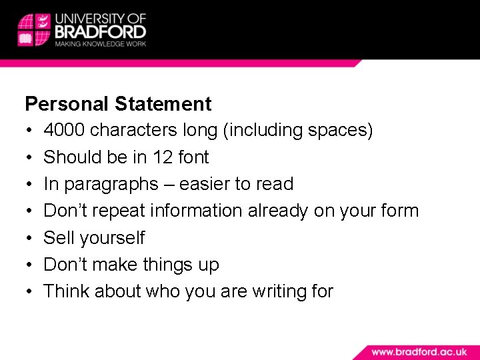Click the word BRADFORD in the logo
tap(100, 31)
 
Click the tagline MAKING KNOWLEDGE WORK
tap(100, 44)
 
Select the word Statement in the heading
tap(163, 104)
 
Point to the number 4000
tap(64, 130)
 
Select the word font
tap(194, 157)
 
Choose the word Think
tap(67, 291)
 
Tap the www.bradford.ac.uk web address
tap(419, 351)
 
